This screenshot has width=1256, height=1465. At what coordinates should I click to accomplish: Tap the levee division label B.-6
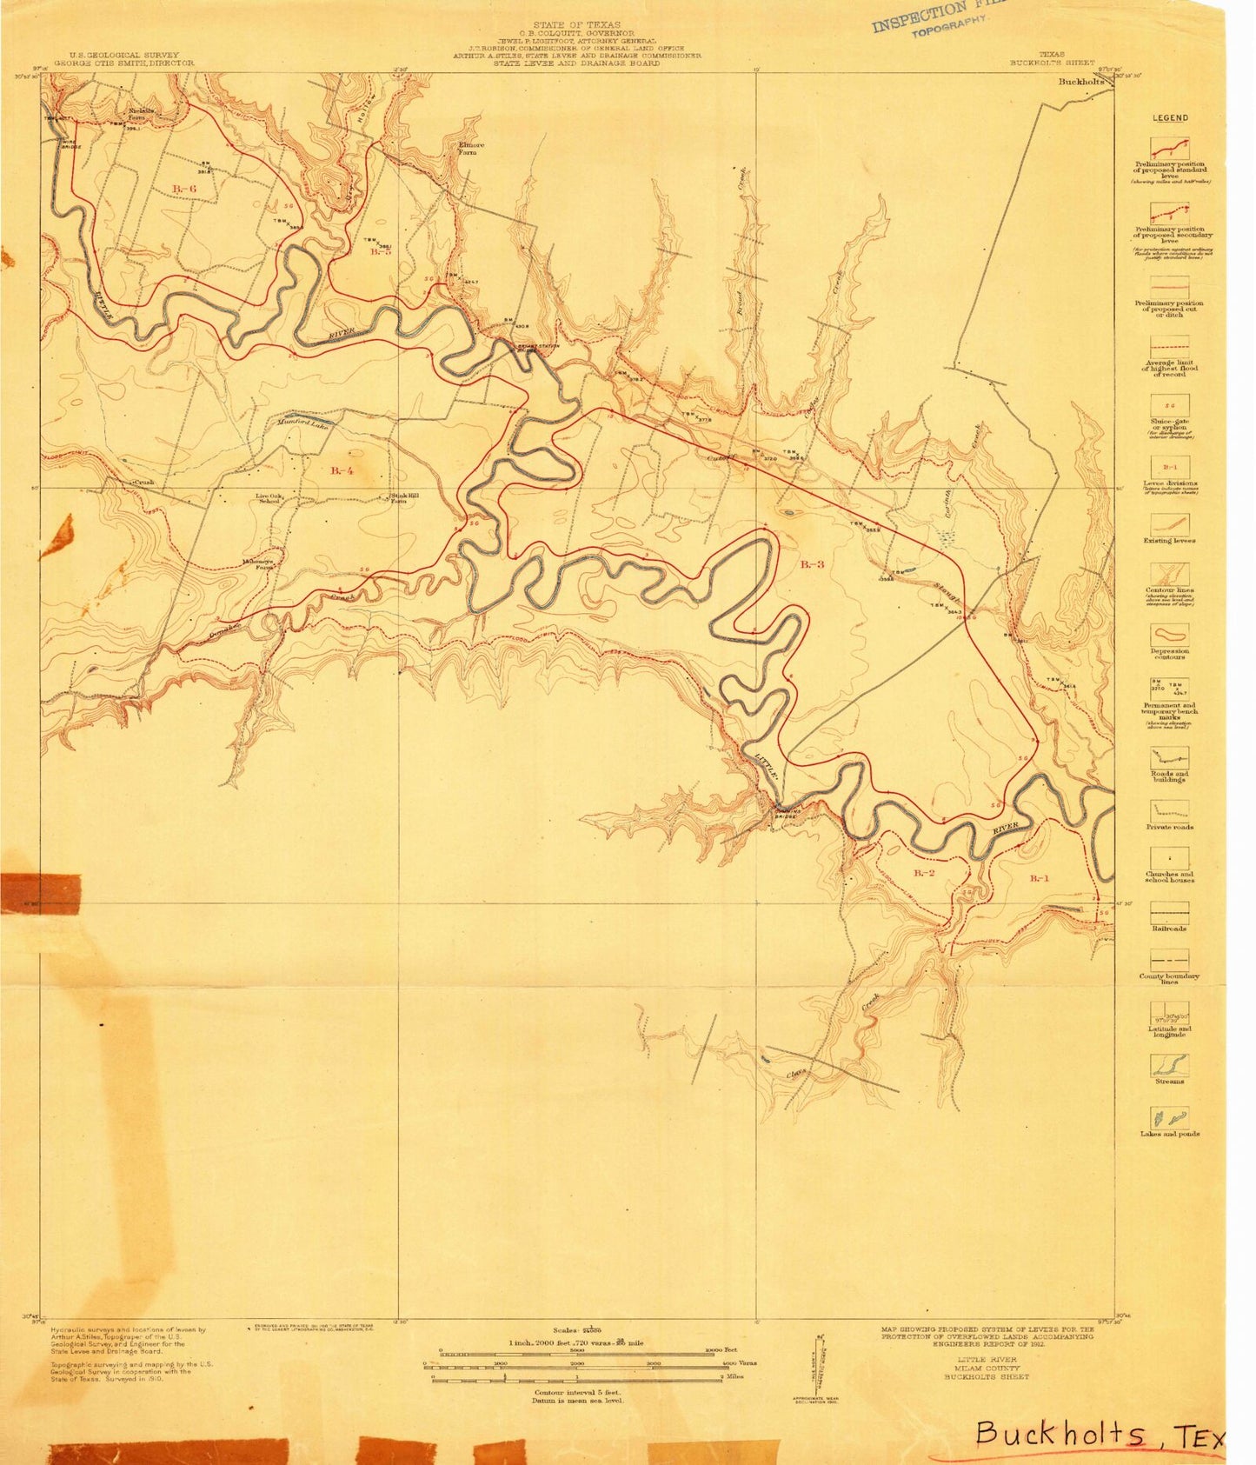pyautogui.click(x=184, y=189)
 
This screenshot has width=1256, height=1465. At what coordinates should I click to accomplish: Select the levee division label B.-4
pyautogui.click(x=342, y=470)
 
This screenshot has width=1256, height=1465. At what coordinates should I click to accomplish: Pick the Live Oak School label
pyautogui.click(x=269, y=499)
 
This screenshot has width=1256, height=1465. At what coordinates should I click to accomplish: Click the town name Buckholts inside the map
pyautogui.click(x=1080, y=82)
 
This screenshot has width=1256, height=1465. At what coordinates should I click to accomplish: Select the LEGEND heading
pyautogui.click(x=1169, y=118)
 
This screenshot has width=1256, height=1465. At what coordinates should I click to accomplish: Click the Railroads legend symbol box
pyautogui.click(x=1169, y=912)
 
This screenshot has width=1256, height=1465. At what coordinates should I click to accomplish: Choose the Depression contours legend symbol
pyautogui.click(x=1169, y=634)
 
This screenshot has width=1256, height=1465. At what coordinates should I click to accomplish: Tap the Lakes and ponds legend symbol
pyautogui.click(x=1169, y=1117)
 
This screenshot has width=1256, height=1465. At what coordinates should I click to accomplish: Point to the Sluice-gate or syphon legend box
pyautogui.click(x=1169, y=406)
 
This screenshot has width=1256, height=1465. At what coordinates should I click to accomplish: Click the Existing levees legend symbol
pyautogui.click(x=1169, y=524)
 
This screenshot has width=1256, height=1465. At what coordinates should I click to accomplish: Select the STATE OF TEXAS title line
pyautogui.click(x=577, y=26)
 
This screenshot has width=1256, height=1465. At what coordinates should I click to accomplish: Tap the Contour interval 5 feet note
pyautogui.click(x=577, y=1392)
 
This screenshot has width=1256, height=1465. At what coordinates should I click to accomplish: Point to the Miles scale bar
pyautogui.click(x=577, y=1378)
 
